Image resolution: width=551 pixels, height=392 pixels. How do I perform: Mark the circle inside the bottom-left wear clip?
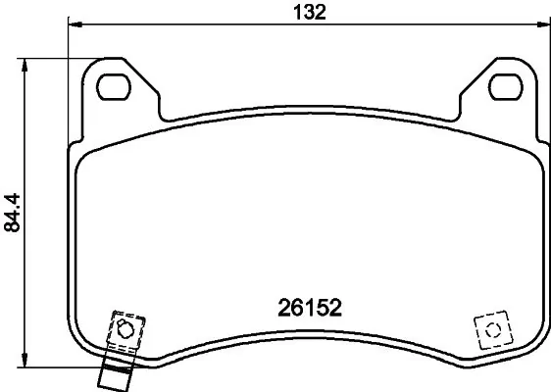click(x=124, y=328)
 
